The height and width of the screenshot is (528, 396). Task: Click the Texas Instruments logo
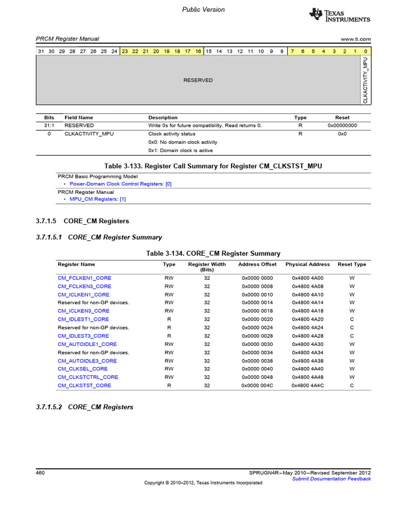point(339,15)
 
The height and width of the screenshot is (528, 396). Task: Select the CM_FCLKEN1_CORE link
point(84,278)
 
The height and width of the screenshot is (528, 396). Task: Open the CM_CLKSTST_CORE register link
point(84,385)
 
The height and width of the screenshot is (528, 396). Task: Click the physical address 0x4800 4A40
point(307,369)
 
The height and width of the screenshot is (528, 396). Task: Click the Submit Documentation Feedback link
point(331,478)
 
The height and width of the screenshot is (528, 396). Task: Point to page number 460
point(40,472)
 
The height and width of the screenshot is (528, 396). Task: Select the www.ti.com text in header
point(356,39)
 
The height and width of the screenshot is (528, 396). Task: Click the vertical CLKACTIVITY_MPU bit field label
point(365,80)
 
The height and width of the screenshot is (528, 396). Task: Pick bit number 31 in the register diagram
point(41,51)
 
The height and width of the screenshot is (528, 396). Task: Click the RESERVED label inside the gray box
point(198,80)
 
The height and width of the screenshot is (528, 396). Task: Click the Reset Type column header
point(352,265)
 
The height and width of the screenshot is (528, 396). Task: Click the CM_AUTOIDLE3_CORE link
point(87,360)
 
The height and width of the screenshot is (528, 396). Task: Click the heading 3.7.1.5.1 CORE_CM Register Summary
point(99,237)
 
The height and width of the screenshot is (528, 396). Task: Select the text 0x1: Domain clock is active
point(180,151)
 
